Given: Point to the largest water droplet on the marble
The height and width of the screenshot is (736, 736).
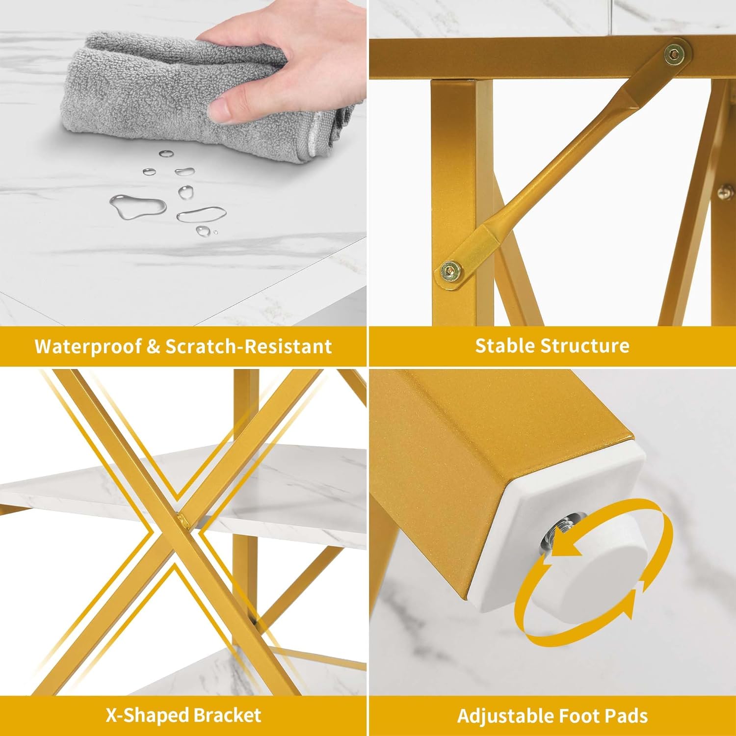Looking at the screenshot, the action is coord(137,205).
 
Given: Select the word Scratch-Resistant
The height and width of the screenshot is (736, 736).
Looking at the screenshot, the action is coord(249,346).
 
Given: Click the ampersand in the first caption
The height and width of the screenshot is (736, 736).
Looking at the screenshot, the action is coord(154,346).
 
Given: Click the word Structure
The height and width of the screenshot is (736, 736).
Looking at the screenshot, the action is coord(584,345).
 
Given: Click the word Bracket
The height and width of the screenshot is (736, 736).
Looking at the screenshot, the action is coord(226,715).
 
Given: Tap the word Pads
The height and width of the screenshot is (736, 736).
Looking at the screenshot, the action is coord(628,716).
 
